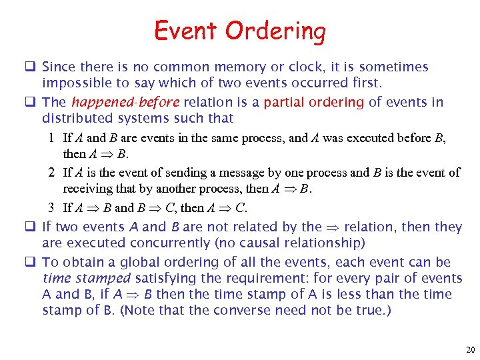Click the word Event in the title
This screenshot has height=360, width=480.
pyautogui.click(x=186, y=31)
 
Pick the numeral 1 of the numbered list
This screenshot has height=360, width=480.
pyautogui.click(x=51, y=139)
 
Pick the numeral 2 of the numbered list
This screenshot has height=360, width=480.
pyautogui.click(x=51, y=173)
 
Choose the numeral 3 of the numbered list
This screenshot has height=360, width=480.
pyautogui.click(x=51, y=207)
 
